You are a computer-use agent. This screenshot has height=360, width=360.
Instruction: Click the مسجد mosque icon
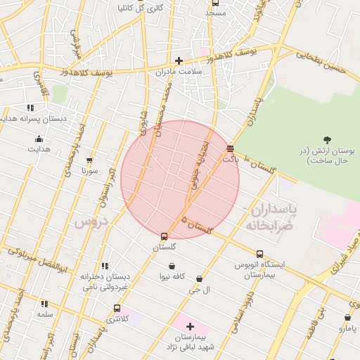[x=214, y=3]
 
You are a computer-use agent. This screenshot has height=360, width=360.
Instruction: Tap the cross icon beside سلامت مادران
[x=179, y=61]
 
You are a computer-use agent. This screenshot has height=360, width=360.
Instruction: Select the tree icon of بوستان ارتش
[x=327, y=139]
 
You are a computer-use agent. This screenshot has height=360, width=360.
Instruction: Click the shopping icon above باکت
[x=230, y=148]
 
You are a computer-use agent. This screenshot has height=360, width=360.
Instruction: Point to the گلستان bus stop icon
[x=164, y=236]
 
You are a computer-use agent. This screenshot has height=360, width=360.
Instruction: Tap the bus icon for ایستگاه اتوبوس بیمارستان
[x=259, y=254]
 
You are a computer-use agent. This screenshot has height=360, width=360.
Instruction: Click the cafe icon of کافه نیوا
[x=172, y=266]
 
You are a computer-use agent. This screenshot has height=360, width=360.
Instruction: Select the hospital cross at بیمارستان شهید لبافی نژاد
[x=190, y=326]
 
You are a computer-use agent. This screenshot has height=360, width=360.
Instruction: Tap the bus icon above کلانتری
[x=117, y=308]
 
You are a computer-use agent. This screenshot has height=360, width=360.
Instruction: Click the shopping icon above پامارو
[x=347, y=317]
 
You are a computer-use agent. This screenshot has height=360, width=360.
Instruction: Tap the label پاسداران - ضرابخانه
[x=271, y=218]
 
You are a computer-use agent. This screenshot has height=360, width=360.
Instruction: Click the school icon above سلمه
[x=45, y=304]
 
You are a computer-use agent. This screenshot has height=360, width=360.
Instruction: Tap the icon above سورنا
[x=89, y=160]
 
